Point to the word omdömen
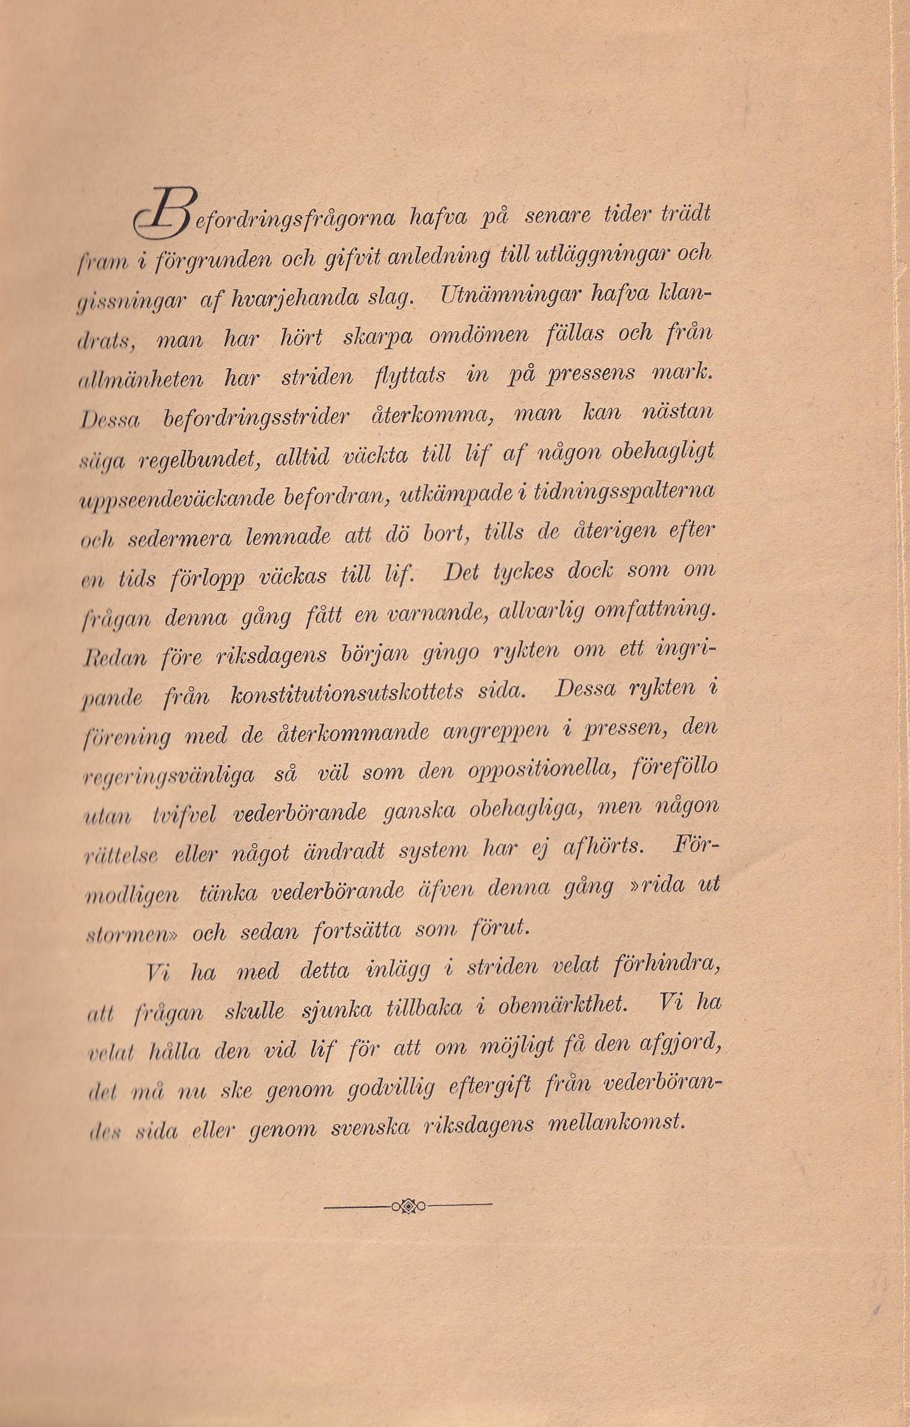click(x=478, y=335)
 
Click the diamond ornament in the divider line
click(x=408, y=1205)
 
